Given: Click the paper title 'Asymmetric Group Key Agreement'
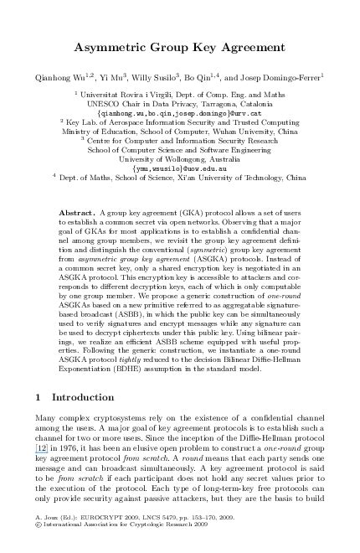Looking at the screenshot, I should (x=181, y=47).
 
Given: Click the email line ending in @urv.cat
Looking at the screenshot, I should (x=180, y=111).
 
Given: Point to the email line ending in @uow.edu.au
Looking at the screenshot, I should (x=180, y=167).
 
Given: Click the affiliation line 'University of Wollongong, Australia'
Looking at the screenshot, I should (x=180, y=158).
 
